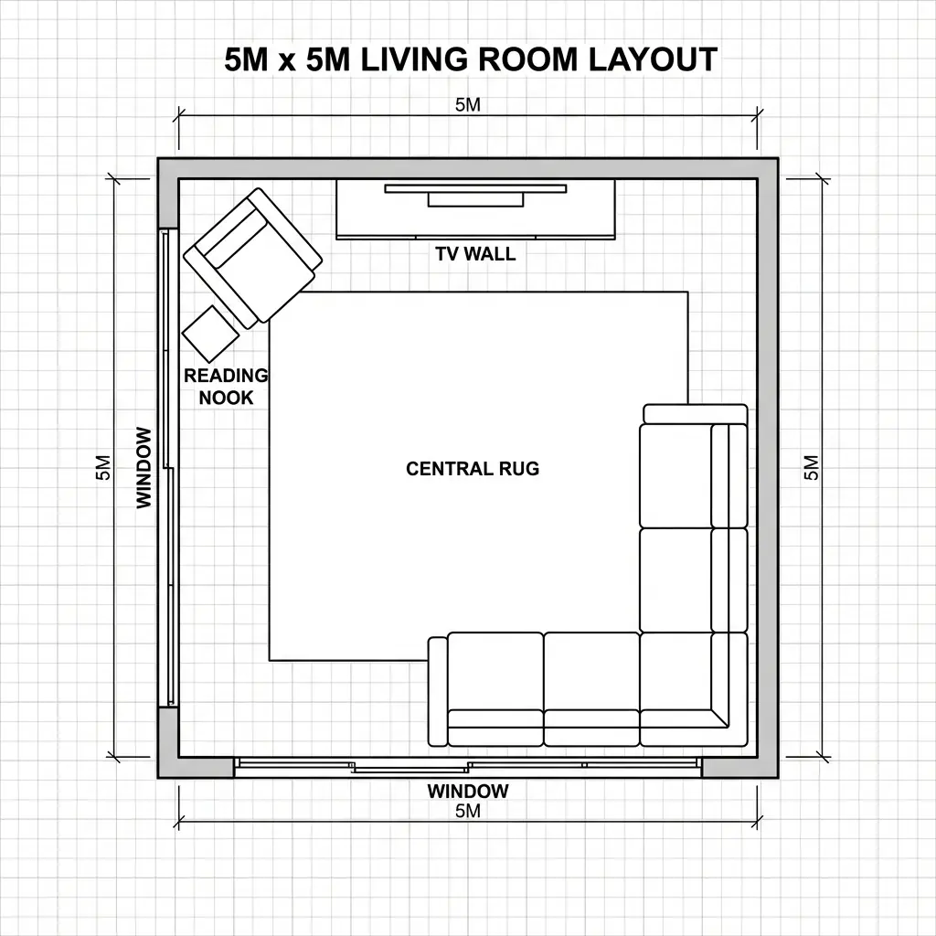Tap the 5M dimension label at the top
click(467, 104)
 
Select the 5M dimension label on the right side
click(811, 467)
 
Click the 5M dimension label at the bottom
click(467, 810)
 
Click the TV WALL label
click(475, 254)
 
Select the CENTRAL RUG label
click(473, 469)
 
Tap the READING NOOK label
click(226, 387)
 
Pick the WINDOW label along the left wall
click(144, 467)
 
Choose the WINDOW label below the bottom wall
click(467, 791)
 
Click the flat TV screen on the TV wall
click(475, 189)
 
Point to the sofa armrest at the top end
click(695, 413)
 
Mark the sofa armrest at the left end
click(438, 691)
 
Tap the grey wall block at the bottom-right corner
click(739, 767)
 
